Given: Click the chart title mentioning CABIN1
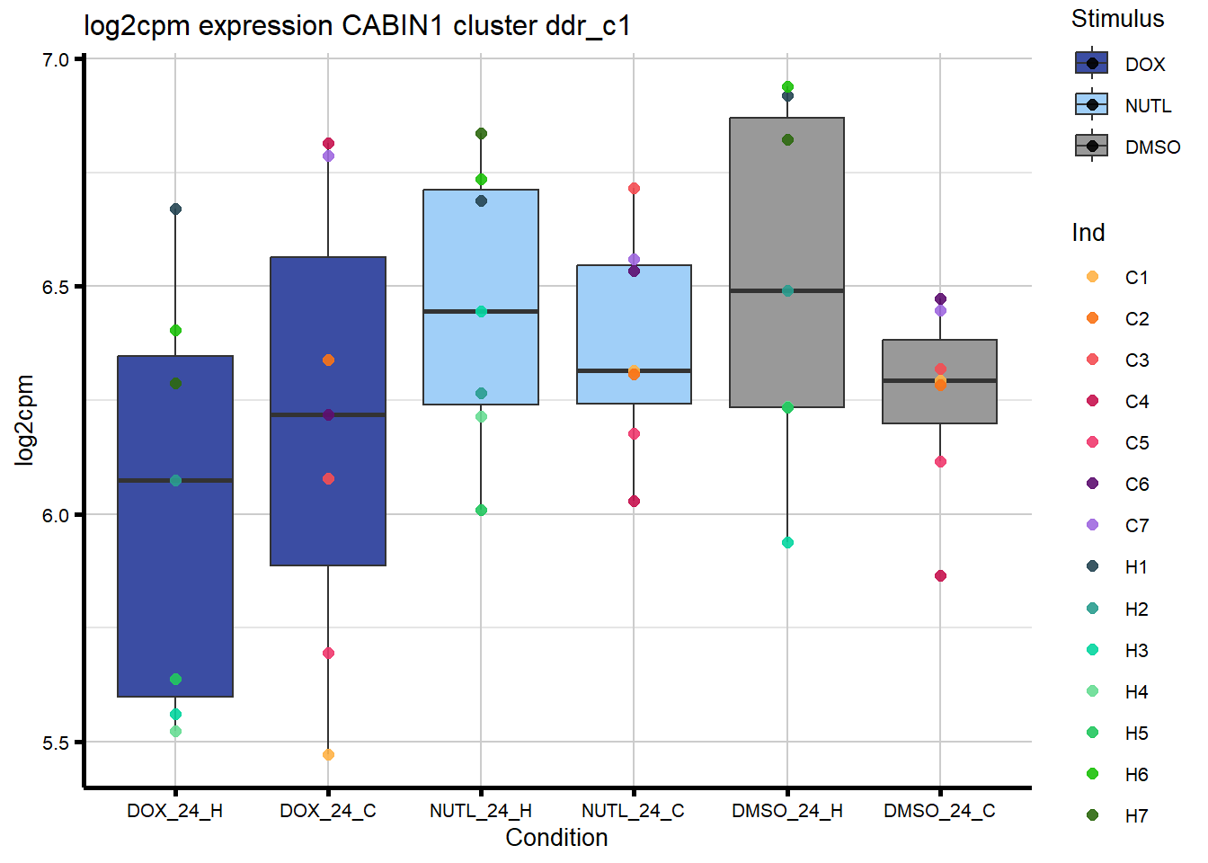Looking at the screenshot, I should (x=357, y=26).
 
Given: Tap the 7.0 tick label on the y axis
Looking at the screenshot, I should (x=56, y=60).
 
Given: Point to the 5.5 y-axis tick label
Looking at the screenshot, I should (x=56, y=743).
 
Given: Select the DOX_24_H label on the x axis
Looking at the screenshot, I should (x=174, y=811).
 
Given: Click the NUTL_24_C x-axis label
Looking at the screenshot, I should (x=633, y=811).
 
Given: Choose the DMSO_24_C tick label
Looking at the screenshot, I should (x=939, y=811).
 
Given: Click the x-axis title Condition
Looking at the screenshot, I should (x=556, y=838).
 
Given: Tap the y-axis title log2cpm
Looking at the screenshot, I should (x=24, y=420).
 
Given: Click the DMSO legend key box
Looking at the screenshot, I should (x=1092, y=146).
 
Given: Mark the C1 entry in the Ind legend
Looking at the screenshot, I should (x=1136, y=278).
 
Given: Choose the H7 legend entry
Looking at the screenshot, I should (x=1136, y=816).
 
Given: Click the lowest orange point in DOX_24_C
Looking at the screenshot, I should (x=328, y=754).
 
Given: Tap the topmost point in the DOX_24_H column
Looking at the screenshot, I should (x=175, y=209).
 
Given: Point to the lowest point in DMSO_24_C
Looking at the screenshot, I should (x=940, y=576).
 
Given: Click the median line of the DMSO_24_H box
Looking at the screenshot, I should (x=786, y=290).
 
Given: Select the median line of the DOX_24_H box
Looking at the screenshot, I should (x=175, y=481).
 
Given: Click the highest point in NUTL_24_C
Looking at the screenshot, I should (x=634, y=189).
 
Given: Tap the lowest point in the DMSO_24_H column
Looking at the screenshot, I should (x=787, y=543).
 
